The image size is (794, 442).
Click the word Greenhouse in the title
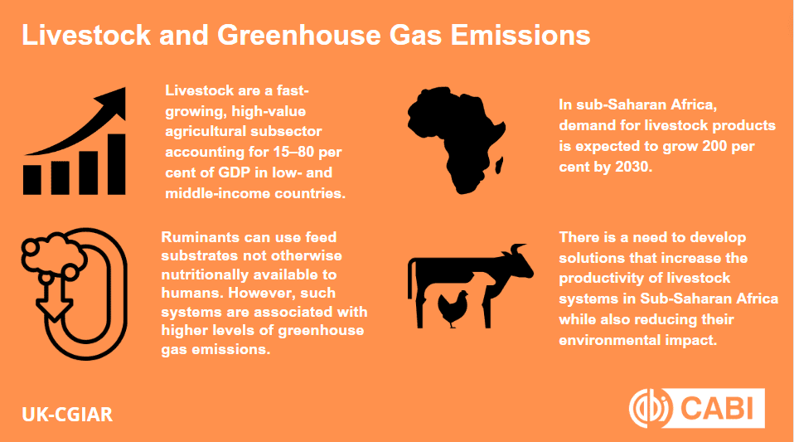(x=299, y=35)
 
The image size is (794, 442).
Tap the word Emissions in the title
(x=520, y=35)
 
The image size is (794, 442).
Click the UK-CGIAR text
(x=67, y=415)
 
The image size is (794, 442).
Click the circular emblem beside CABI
(x=649, y=408)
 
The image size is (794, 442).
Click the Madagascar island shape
(x=498, y=165)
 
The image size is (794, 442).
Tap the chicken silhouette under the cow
(x=453, y=308)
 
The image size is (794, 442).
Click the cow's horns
(x=517, y=249)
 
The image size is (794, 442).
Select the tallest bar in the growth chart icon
(x=117, y=164)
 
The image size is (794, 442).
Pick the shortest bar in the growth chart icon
(x=32, y=179)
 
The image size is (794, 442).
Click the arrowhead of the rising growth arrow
(x=113, y=101)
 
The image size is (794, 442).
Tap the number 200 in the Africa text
(x=714, y=146)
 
